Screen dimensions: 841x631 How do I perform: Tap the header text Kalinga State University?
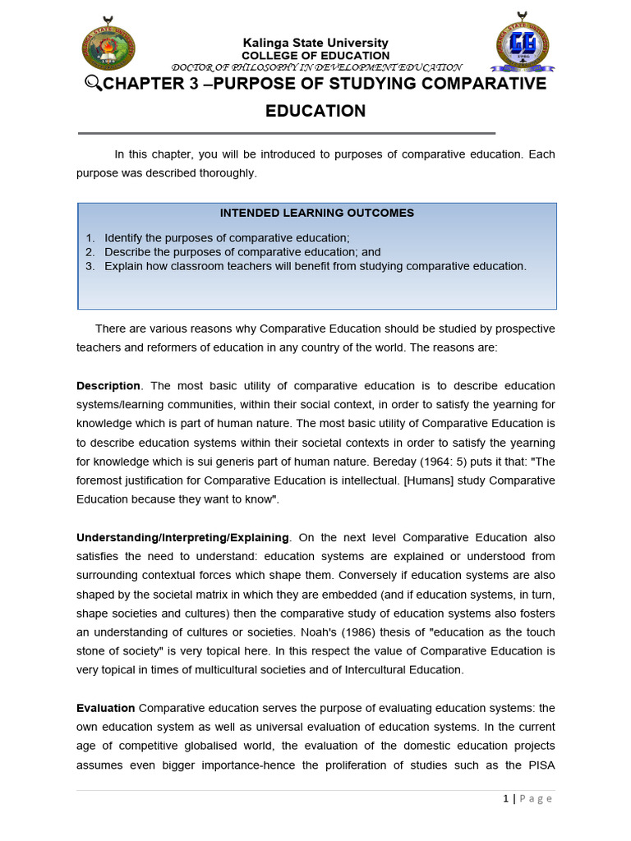315,43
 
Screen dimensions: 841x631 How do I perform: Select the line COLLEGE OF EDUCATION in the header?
315,55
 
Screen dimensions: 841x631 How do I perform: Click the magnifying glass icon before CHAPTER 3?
92,85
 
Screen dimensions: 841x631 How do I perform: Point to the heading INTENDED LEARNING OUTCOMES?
317,214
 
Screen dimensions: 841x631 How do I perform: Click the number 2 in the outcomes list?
90,252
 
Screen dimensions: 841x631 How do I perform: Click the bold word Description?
108,386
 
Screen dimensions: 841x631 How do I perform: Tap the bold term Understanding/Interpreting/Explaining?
182,538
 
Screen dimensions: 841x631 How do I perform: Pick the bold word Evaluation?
105,708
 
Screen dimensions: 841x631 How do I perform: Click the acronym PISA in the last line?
539,765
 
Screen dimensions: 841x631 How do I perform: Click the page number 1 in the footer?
506,799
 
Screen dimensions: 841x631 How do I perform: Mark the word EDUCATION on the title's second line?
315,111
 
